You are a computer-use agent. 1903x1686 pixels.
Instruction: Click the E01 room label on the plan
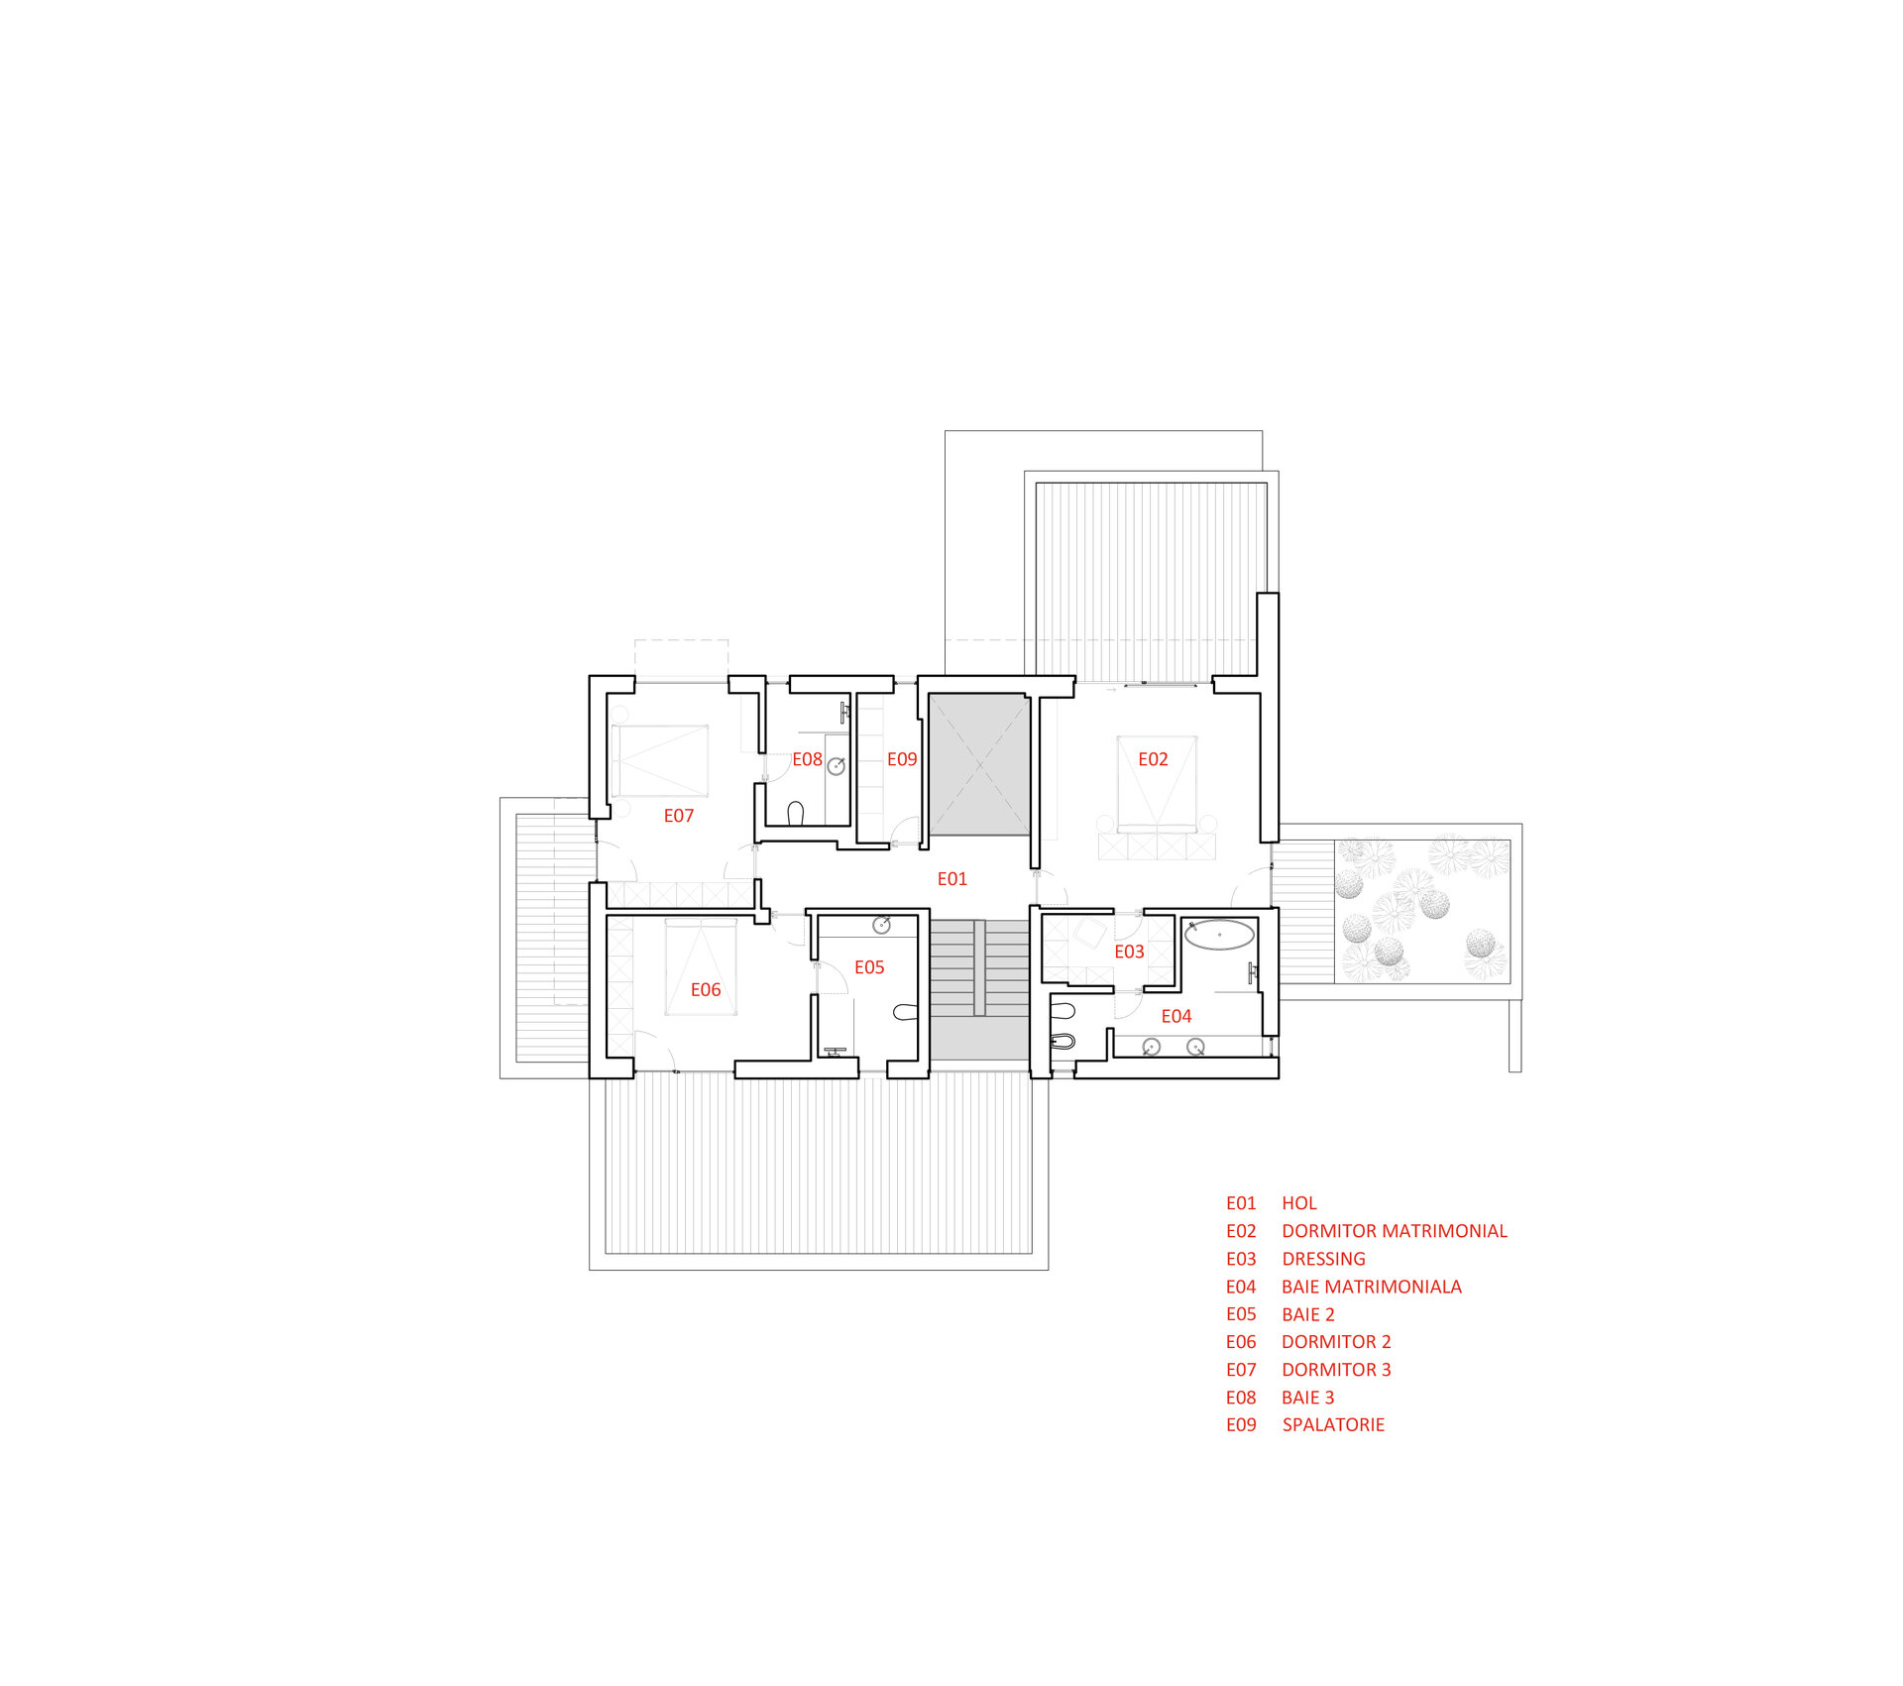pyautogui.click(x=951, y=879)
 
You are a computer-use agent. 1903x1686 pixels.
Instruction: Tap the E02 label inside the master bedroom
pyautogui.click(x=1153, y=759)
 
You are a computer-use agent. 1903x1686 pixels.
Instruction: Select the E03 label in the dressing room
pyautogui.click(x=1129, y=952)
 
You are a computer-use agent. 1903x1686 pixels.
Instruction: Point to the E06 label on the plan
pyautogui.click(x=706, y=990)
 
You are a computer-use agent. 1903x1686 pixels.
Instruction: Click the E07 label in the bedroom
pyautogui.click(x=679, y=816)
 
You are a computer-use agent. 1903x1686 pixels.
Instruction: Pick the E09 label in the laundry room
pyautogui.click(x=902, y=759)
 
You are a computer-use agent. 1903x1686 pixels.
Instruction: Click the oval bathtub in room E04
pyautogui.click(x=1220, y=935)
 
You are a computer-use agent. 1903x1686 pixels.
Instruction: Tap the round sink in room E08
pyautogui.click(x=837, y=766)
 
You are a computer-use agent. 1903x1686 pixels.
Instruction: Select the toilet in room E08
pyautogui.click(x=795, y=813)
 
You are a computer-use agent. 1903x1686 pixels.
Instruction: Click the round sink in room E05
pyautogui.click(x=881, y=925)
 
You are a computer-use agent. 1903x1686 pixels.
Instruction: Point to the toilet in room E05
pyautogui.click(x=905, y=1012)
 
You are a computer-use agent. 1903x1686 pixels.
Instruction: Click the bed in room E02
pyautogui.click(x=1157, y=783)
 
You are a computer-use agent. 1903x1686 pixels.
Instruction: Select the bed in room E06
pyautogui.click(x=701, y=966)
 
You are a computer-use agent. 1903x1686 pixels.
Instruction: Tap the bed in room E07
pyautogui.click(x=660, y=760)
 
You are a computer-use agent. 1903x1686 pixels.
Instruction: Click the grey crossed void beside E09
pyautogui.click(x=978, y=764)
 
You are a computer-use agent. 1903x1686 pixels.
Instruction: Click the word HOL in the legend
pyautogui.click(x=1299, y=1203)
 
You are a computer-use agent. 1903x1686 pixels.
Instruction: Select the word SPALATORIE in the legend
pyautogui.click(x=1333, y=1424)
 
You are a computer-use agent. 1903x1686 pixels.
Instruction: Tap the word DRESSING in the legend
pyautogui.click(x=1324, y=1259)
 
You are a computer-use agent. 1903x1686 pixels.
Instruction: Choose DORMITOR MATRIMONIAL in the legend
pyautogui.click(x=1395, y=1231)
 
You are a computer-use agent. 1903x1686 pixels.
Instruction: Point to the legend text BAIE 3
pyautogui.click(x=1308, y=1398)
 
